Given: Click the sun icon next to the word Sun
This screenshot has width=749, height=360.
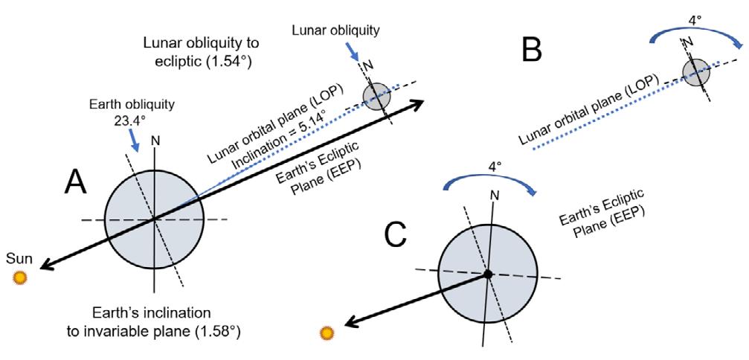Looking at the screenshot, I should pyautogui.click(x=21, y=277).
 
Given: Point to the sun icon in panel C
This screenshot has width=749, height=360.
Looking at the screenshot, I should pyautogui.click(x=325, y=333).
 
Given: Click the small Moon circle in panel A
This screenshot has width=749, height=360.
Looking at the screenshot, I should pyautogui.click(x=376, y=96).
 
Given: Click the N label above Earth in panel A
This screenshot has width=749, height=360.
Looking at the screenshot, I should pyautogui.click(x=154, y=140).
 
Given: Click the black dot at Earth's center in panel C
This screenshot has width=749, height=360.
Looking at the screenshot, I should pyautogui.click(x=487, y=274).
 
